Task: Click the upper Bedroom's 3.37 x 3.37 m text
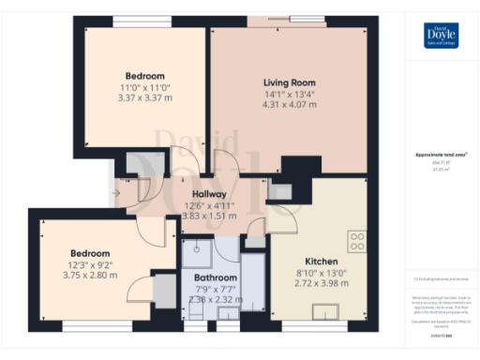point(145,97)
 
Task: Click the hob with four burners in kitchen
point(356,242)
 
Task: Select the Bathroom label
point(216,277)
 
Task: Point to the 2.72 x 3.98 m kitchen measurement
point(314,284)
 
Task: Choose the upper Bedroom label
point(145,76)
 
